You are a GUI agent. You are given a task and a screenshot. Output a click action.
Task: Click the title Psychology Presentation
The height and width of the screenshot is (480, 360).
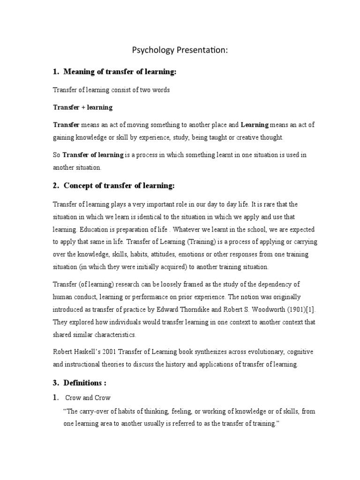tap(180, 50)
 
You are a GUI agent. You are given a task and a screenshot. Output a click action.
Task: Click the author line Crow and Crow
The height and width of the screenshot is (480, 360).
tap(89, 397)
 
